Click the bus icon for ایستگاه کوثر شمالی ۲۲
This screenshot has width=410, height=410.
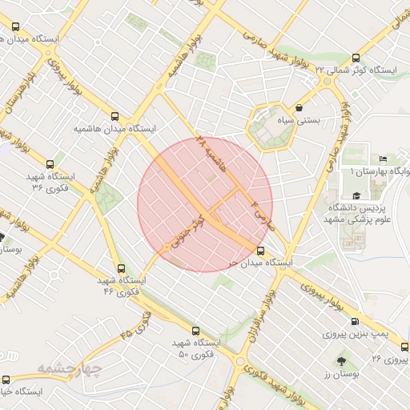[356, 58]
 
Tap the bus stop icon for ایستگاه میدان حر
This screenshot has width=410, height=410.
[260, 251]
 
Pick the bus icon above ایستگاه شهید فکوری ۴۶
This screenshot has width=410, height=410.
[121, 269]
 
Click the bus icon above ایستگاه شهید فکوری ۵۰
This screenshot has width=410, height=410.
[195, 330]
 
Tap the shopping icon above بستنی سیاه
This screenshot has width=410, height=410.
[299, 107]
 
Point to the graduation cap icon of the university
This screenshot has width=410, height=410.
[356, 195]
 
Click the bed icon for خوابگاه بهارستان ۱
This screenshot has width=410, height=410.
[382, 159]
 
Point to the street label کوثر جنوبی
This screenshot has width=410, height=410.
[187, 231]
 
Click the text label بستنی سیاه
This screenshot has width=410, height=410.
[298, 121]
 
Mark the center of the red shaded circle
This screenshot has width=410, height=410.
[205, 204]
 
